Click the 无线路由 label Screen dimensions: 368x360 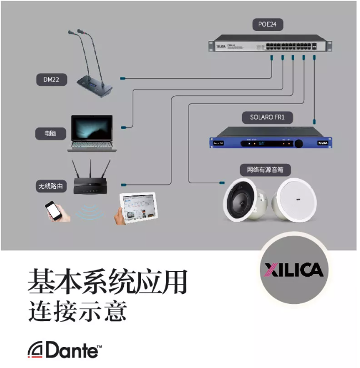(51, 186)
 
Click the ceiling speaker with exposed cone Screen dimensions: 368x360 (244, 200)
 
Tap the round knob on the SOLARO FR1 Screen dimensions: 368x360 (299, 143)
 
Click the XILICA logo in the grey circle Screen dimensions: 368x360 (294, 269)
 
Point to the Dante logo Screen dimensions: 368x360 (65, 350)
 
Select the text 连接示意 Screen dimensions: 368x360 (77, 311)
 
